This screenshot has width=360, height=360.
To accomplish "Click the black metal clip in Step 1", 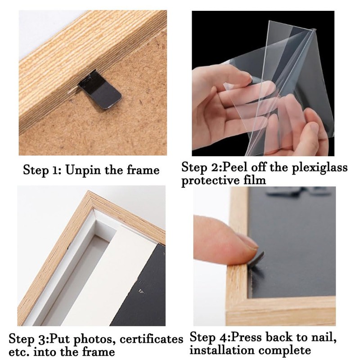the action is pos(100,90).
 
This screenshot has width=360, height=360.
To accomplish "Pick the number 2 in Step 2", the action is pos(216,167).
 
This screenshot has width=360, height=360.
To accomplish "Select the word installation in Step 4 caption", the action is pos(222,351).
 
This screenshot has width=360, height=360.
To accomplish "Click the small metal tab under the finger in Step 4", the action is pos(257,260).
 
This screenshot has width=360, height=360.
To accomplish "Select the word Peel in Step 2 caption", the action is pos(236,167).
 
